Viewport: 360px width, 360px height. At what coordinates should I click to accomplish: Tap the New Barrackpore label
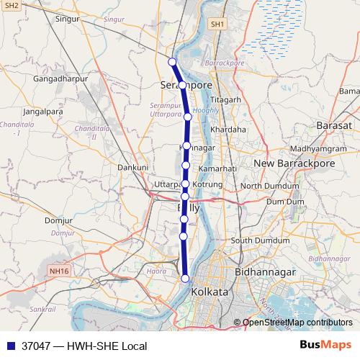pos(286,164)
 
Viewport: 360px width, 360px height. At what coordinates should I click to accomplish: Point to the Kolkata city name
pos(210,292)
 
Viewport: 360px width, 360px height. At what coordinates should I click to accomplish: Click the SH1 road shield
pos(217,24)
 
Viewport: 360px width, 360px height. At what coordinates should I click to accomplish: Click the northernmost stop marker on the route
pos(172,61)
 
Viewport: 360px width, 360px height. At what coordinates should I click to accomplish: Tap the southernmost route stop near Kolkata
pos(185,279)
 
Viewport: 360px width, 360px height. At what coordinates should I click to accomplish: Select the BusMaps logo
pos(326,346)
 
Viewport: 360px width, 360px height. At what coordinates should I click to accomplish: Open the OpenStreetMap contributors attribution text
pos(297,322)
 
